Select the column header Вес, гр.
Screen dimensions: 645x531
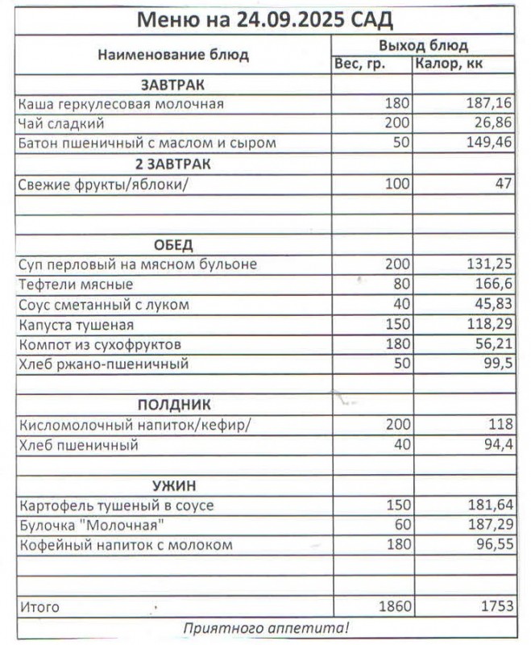coord(359,64)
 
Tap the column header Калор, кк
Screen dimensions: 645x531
coord(448,64)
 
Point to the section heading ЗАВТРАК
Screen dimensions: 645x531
coord(173,85)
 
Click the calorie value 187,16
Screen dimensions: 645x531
coord(489,104)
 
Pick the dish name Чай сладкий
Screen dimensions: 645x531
coord(61,124)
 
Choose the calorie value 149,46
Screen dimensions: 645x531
coord(489,144)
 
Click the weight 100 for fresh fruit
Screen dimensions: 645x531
coord(397,184)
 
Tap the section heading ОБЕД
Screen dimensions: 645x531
coord(173,244)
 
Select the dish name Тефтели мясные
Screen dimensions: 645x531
coord(76,285)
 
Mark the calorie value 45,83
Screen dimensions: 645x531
coord(492,305)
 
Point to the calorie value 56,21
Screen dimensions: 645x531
coord(492,344)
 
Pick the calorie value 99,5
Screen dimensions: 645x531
coord(497,364)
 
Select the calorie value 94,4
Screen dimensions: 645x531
coord(497,445)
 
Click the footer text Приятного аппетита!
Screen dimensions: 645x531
coord(266,627)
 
